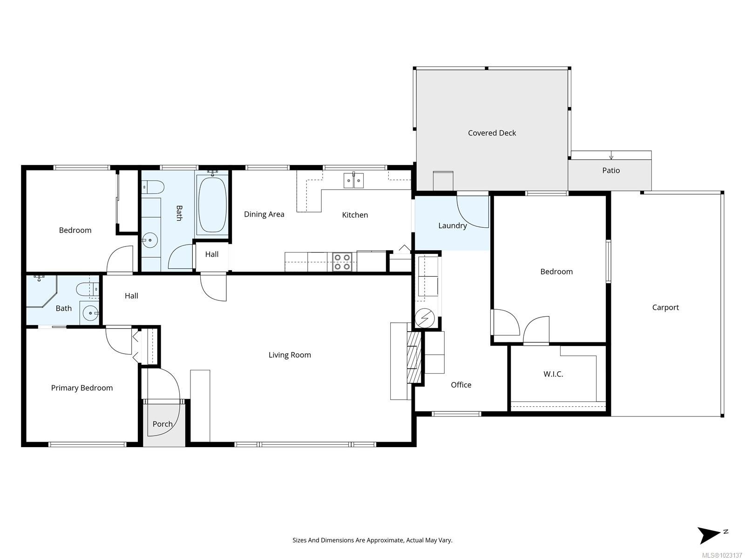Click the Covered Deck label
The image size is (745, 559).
[x=492, y=133]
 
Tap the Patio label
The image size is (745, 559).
[x=611, y=170]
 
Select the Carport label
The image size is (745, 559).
[x=665, y=307]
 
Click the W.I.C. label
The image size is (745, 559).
[x=553, y=374]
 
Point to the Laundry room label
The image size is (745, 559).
[x=452, y=225]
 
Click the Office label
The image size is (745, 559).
[x=461, y=385]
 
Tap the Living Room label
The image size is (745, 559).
[x=290, y=355]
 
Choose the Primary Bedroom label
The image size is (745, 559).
[x=82, y=388]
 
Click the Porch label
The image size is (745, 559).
[x=163, y=424]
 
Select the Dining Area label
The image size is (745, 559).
[x=264, y=214]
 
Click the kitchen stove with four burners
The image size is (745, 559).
[x=342, y=262]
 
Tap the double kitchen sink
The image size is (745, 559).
[x=354, y=180]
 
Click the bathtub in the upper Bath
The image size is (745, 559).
[x=212, y=205]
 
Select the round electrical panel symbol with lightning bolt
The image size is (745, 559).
[x=425, y=319]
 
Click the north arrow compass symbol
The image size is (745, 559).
[x=710, y=535]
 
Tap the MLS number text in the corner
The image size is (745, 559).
[x=722, y=555]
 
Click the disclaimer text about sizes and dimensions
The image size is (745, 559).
[x=372, y=540]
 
